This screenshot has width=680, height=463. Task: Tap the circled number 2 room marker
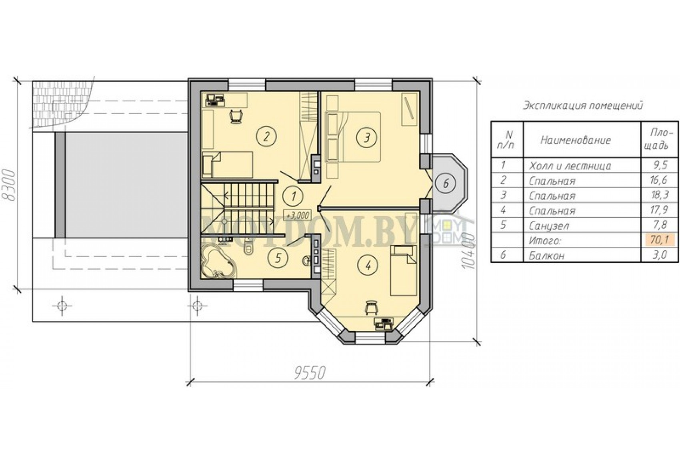pyautogui.click(x=266, y=137)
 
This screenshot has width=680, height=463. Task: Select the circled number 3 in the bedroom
pyautogui.click(x=367, y=137)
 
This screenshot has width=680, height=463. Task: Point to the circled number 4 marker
pyautogui.click(x=368, y=266)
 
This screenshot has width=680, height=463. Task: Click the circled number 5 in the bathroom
pyautogui.click(x=279, y=258)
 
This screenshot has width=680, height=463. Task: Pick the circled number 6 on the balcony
pyautogui.click(x=446, y=183)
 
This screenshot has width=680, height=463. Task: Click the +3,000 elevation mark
pyautogui.click(x=297, y=215)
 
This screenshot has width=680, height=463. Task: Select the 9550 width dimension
pyautogui.click(x=310, y=372)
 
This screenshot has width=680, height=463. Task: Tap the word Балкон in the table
pyautogui.click(x=546, y=256)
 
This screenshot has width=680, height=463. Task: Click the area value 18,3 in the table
pyautogui.click(x=659, y=195)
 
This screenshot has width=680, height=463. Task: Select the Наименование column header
pyautogui.click(x=576, y=140)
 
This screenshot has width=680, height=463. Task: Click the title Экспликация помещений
pyautogui.click(x=582, y=106)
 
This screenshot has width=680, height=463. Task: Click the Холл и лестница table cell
pyautogui.click(x=570, y=166)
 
